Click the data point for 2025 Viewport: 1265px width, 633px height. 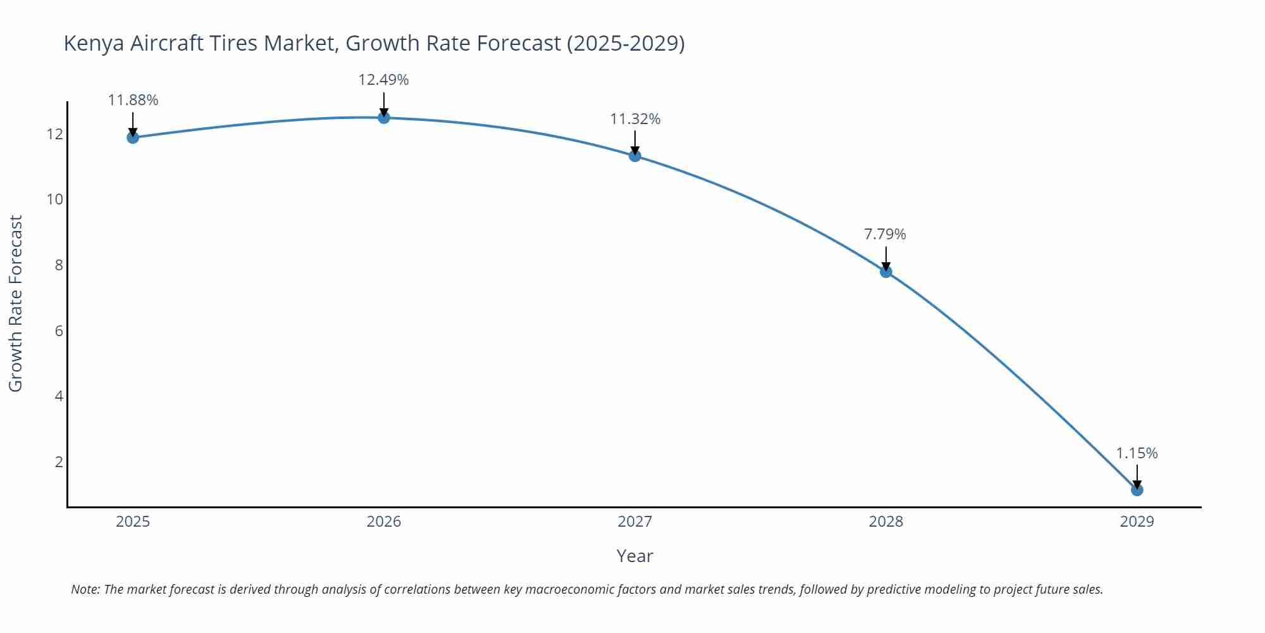[133, 137]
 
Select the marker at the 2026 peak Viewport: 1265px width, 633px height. [384, 118]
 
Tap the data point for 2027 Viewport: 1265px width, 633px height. [635, 156]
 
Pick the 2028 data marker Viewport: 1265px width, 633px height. [886, 272]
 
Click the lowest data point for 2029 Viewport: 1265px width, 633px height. [1137, 490]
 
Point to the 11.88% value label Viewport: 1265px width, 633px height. [133, 100]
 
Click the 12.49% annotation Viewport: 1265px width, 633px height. [383, 80]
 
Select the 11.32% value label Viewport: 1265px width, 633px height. [635, 119]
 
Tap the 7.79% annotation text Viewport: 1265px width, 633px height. [885, 234]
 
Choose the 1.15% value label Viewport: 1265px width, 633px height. [1137, 453]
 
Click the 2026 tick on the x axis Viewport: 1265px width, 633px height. [384, 522]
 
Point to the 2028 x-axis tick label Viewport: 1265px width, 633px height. [885, 522]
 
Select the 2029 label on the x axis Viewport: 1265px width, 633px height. [1137, 522]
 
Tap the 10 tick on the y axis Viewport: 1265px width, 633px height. [55, 199]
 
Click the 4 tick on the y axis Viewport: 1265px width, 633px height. [59, 396]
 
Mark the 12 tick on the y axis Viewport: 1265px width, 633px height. [55, 134]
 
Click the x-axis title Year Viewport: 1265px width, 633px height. [634, 556]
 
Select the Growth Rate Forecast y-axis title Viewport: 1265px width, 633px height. [16, 303]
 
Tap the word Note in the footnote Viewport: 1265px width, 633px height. [85, 589]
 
